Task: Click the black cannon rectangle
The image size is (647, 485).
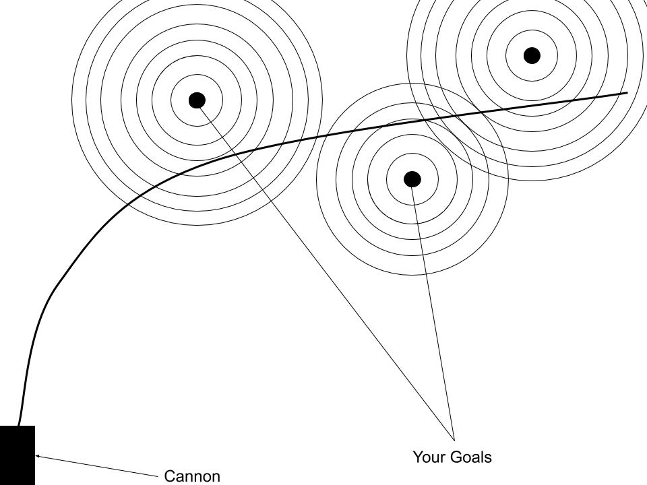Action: tap(18, 455)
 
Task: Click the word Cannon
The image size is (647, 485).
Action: tap(192, 476)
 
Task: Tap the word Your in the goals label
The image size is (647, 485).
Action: tap(429, 457)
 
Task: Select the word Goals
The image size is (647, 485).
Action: tap(471, 457)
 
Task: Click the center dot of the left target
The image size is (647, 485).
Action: tap(197, 100)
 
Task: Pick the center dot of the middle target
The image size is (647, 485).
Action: tap(412, 179)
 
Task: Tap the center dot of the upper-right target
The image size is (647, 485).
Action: tap(532, 55)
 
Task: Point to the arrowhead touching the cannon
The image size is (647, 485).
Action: tap(38, 456)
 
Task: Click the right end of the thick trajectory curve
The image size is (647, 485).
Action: tap(627, 93)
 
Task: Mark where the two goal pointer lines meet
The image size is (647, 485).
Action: tap(454, 441)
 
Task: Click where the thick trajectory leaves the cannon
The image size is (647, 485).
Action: tap(19, 425)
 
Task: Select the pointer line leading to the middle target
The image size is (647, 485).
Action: tap(433, 310)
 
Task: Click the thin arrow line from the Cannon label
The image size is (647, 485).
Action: tap(97, 466)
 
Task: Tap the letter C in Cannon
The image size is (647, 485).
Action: tap(169, 476)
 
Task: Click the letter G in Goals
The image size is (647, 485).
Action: tap(456, 457)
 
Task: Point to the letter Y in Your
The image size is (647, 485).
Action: tap(418, 457)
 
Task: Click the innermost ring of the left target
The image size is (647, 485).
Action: tap(197, 100)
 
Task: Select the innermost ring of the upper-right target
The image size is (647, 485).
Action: tap(532, 55)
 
